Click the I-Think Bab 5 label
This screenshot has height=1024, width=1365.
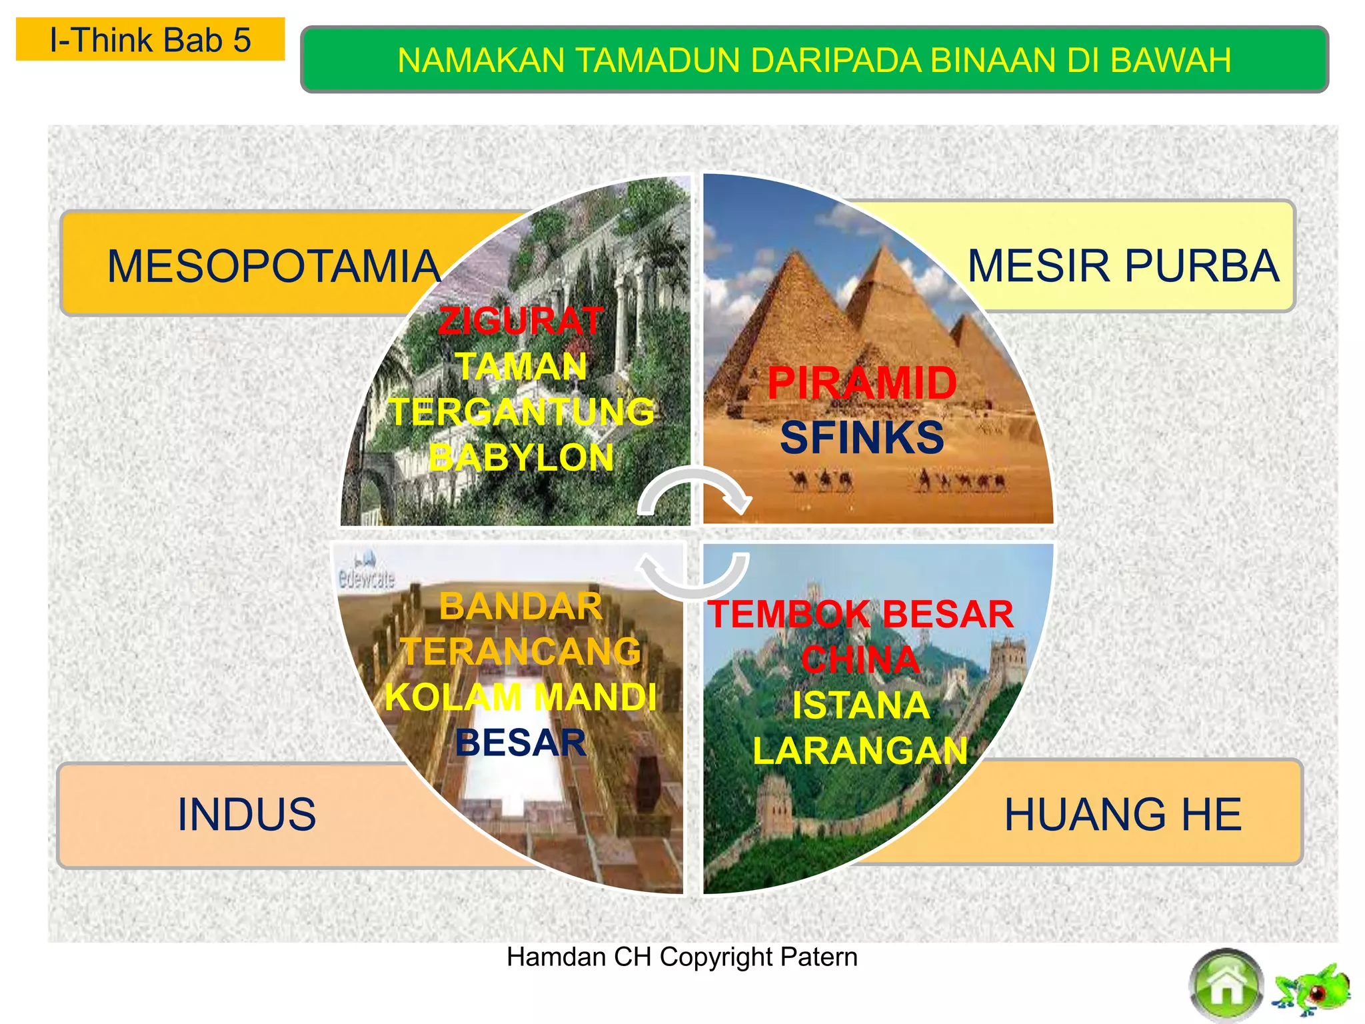[x=150, y=40]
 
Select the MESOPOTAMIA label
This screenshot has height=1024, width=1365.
[x=273, y=266]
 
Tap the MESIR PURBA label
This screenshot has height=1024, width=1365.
[x=1123, y=265]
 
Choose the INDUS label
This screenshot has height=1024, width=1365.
[x=247, y=814]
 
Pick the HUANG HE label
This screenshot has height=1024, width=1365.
[x=1123, y=814]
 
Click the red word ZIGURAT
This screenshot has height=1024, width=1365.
[x=521, y=321]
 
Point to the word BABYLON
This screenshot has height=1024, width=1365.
[x=521, y=458]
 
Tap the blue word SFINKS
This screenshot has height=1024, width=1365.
[x=862, y=437]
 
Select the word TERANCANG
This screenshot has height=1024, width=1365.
[x=521, y=651]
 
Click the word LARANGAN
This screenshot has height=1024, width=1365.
[x=860, y=751]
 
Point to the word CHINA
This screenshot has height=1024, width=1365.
[x=860, y=659]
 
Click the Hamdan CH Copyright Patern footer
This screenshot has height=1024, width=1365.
[x=682, y=957]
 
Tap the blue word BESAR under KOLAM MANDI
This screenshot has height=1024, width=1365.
[x=521, y=743]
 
